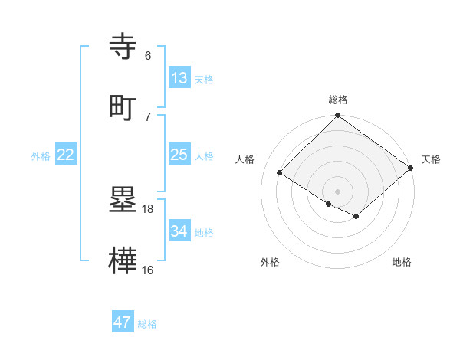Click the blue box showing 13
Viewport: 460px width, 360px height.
(x=179, y=77)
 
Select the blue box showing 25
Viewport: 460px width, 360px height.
(x=179, y=155)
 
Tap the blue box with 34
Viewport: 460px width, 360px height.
(x=179, y=231)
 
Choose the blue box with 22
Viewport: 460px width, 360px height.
(x=66, y=155)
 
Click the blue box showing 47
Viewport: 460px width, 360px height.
(x=122, y=322)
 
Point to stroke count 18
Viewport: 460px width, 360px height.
(x=148, y=208)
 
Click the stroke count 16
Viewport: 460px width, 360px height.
(x=148, y=270)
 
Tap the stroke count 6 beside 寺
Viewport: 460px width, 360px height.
(x=148, y=55)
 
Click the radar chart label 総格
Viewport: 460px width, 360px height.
(x=338, y=100)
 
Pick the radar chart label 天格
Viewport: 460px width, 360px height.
(x=431, y=159)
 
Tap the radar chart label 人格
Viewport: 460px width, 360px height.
(x=245, y=159)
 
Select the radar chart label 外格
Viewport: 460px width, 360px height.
(x=270, y=262)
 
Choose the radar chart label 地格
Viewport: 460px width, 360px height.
(x=402, y=262)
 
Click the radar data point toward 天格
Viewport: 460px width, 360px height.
(x=411, y=168)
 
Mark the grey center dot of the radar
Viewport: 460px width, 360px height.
(x=337, y=191)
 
